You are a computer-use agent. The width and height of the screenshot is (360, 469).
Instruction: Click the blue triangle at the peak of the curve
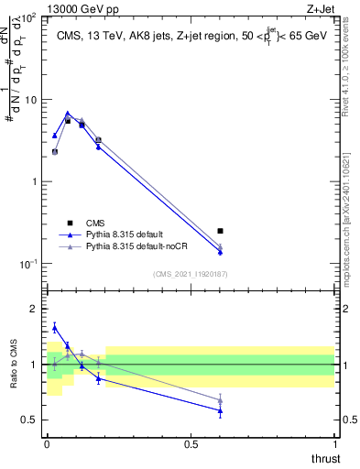pos(68,114)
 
